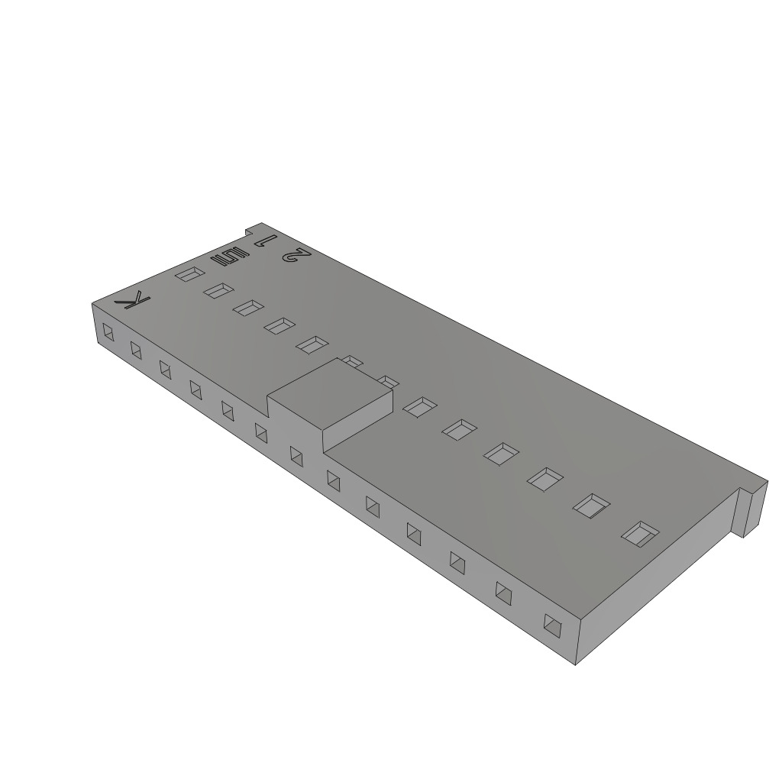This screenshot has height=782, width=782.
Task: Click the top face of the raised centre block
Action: (x=331, y=397)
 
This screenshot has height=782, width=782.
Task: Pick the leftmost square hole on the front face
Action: (x=108, y=333)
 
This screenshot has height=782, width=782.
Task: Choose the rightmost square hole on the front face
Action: (x=551, y=625)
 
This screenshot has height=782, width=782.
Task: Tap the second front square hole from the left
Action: (x=136, y=350)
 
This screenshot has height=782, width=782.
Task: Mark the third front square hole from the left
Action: (x=164, y=368)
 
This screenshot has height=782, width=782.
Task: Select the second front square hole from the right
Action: (x=503, y=593)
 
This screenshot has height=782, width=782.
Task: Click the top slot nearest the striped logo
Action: (x=188, y=273)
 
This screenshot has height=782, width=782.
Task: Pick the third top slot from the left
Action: (x=248, y=308)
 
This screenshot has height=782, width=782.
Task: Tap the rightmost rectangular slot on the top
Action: (x=639, y=533)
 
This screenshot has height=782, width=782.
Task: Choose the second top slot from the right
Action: (x=592, y=505)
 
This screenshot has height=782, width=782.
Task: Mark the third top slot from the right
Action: (x=545, y=479)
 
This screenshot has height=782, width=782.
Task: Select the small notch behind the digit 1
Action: (x=249, y=230)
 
